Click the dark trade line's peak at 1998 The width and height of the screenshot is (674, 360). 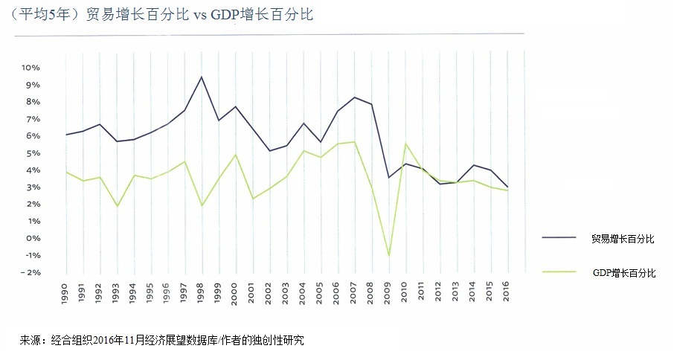pyautogui.click(x=201, y=77)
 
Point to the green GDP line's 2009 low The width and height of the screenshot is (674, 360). pyautogui.click(x=388, y=256)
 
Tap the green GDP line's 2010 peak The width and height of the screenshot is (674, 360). pyautogui.click(x=405, y=144)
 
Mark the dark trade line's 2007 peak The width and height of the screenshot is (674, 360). pyautogui.click(x=354, y=97)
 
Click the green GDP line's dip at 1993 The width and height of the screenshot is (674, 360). pyautogui.click(x=117, y=206)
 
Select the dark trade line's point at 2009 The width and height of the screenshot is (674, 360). pyautogui.click(x=388, y=177)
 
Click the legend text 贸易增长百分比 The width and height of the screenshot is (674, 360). pyautogui.click(x=623, y=238)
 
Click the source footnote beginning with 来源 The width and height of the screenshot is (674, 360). pyautogui.click(x=162, y=340)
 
